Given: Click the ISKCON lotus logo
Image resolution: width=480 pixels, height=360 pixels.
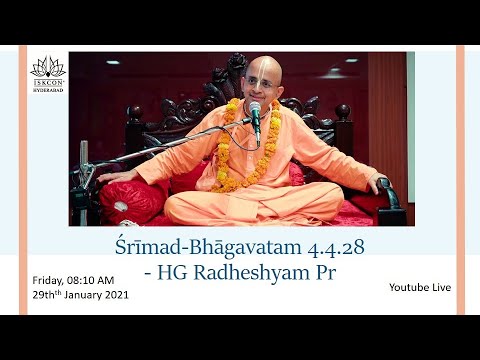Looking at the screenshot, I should (47, 68).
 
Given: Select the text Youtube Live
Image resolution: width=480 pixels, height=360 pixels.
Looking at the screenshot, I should (419, 288).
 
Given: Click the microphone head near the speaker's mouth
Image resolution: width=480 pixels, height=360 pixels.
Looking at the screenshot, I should (254, 108).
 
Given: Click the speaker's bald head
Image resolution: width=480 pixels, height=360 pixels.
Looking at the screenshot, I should (266, 70).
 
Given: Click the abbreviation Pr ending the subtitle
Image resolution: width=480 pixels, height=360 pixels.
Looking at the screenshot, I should (316, 270).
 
